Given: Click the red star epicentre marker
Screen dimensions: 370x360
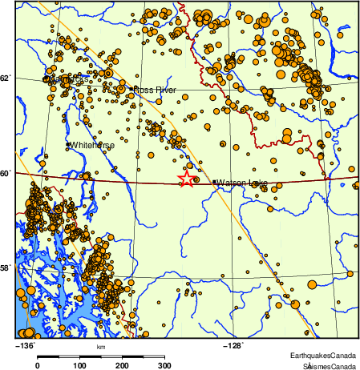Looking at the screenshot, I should click(186, 179).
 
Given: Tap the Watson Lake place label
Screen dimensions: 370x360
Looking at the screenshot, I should click(242, 183).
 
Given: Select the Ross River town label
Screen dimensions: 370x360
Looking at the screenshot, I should click(155, 90).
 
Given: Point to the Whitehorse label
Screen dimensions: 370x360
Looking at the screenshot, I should click(92, 146).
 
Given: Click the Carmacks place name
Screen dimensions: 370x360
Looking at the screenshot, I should click(66, 81).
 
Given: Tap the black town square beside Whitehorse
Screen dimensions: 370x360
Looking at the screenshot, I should click(68, 145).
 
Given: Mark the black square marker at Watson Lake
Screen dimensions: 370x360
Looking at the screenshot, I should click(214, 183).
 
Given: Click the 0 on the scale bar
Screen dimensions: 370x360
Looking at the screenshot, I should click(38, 364).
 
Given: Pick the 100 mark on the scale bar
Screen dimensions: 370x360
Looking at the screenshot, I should click(79, 364).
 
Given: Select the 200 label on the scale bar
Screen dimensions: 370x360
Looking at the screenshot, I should click(122, 364).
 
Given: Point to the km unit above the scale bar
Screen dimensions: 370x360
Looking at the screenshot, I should click(101, 347).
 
